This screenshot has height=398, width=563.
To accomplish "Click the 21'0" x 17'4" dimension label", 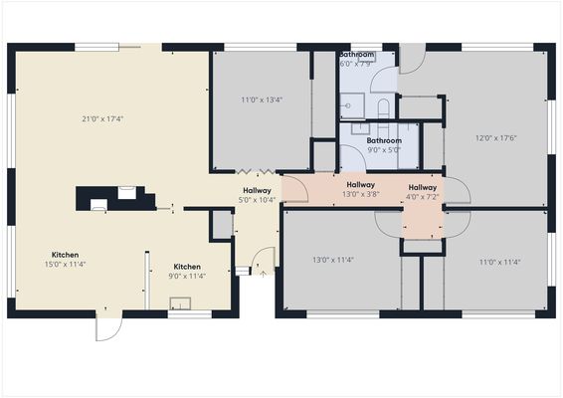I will (x=102, y=119).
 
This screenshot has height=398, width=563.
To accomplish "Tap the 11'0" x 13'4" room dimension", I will (x=262, y=99).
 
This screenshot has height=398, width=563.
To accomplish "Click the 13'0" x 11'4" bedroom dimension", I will (x=333, y=261).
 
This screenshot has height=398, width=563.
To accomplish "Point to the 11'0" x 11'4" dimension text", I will (x=500, y=263).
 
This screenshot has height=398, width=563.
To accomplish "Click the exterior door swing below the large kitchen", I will (x=107, y=328).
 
